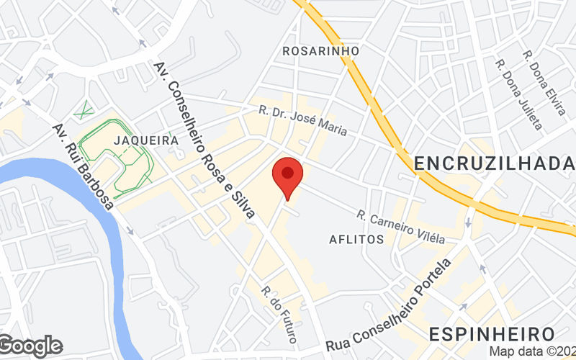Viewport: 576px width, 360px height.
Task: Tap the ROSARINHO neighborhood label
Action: [320, 51]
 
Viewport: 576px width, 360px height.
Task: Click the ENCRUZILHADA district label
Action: [495, 164]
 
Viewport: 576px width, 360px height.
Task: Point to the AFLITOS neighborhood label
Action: [356, 239]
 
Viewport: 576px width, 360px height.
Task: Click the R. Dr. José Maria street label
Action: [304, 120]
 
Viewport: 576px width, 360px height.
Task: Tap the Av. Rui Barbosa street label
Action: [83, 166]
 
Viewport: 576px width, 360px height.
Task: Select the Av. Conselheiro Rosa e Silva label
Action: [204, 140]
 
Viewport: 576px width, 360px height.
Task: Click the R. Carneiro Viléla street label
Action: [400, 226]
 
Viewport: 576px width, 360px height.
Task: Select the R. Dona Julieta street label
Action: [518, 94]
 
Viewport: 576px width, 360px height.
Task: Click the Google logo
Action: [32, 346]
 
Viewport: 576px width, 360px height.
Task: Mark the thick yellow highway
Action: [403, 151]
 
